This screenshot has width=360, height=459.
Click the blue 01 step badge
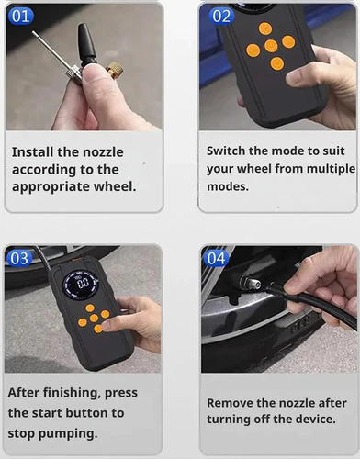20,16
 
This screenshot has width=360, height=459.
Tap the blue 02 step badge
221,16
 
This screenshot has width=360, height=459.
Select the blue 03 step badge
19,258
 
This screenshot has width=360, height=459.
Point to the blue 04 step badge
216,258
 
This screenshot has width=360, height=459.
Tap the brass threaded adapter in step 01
115,70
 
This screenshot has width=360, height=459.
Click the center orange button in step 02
271,46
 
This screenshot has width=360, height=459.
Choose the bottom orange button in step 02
277,63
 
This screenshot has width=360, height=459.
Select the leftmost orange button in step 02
253,50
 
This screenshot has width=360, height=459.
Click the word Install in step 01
32,151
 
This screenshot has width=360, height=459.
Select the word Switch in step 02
226,151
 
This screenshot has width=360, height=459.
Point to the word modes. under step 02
228,186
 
